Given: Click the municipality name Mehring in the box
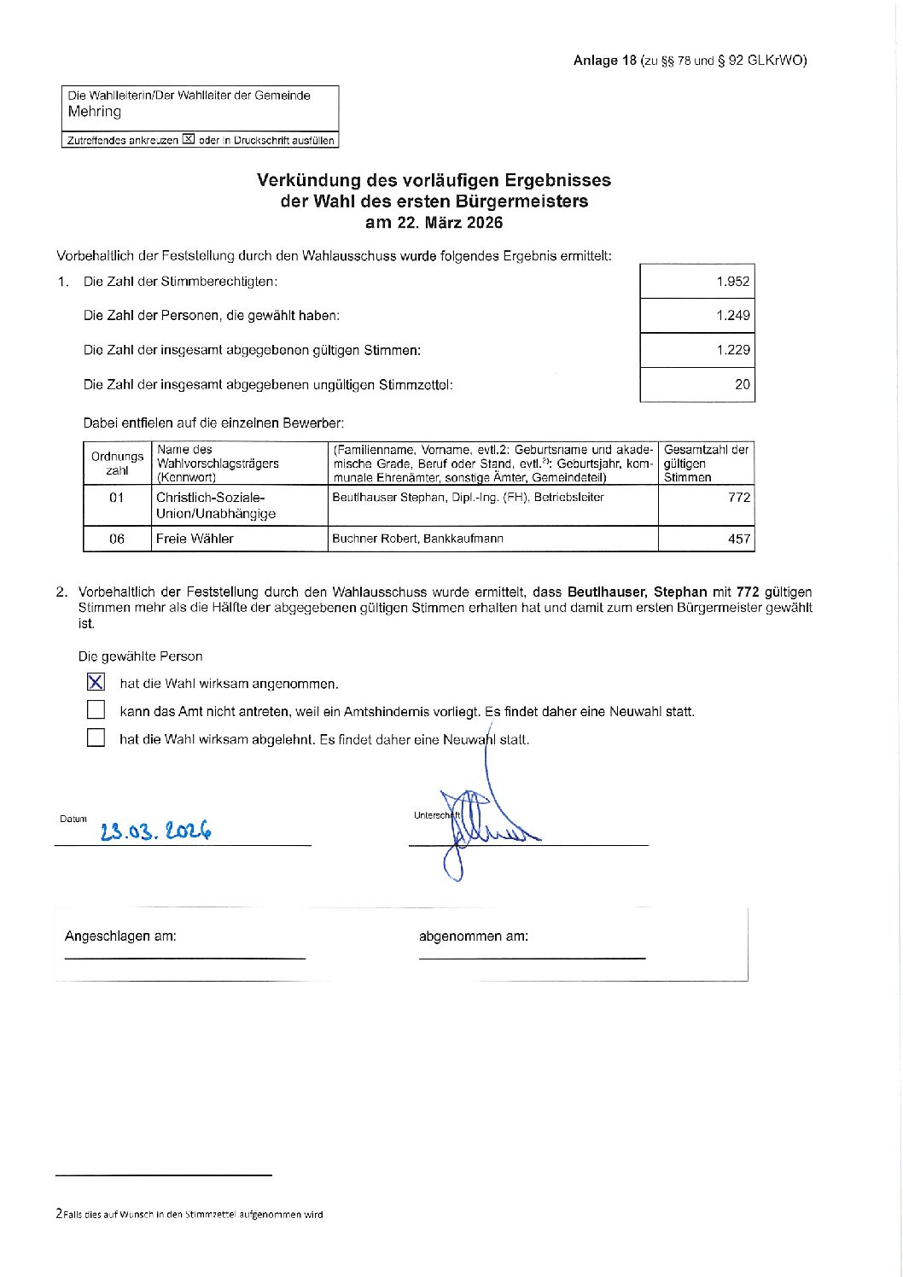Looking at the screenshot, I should coord(95,112).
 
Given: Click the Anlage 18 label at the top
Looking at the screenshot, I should coord(605,60).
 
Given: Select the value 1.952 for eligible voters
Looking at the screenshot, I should coord(732,282).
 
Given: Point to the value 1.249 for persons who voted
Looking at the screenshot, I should coord(732,315).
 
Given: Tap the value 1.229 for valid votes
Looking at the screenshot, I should coord(732,350).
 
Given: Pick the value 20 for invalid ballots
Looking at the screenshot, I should coord(742,384).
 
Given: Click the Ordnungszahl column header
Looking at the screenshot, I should coord(117,464).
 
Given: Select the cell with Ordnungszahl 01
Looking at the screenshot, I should coord(117,498).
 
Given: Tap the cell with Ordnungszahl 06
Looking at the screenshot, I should coord(117,539).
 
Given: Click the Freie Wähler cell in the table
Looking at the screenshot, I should coord(195,539).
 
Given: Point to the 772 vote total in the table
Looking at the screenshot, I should coord(738,498).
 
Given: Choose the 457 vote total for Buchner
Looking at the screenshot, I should coord(738,539).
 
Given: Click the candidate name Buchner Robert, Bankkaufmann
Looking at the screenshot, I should coord(417,539).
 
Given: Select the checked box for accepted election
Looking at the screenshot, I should coord(96,682).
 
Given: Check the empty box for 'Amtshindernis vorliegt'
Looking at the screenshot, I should coord(96,710).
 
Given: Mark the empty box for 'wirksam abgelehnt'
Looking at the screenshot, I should coord(96,738).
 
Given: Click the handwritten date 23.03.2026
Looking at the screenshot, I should coord(155,831).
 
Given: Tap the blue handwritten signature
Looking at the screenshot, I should coord(482,824).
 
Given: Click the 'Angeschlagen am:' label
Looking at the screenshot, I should coord(120,936).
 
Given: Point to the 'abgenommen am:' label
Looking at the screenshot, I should coord(473,936).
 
